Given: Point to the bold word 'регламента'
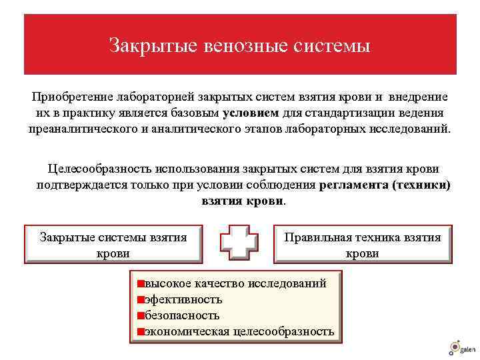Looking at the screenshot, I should pos(354,185).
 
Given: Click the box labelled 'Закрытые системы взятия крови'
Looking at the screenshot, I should pos(113,245).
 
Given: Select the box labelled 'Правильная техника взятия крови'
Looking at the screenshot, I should pos(363,245).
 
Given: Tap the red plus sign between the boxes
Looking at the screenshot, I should pos(239,244).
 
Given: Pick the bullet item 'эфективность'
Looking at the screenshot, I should pos(183,299).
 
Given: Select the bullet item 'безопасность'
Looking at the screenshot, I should pos(182,315).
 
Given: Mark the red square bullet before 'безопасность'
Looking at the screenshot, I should pos(141,315).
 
